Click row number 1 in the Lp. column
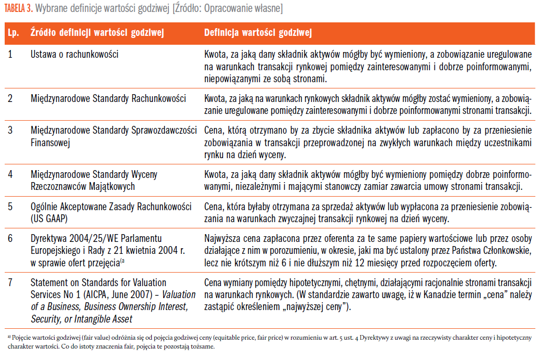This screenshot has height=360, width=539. pyautogui.click(x=10, y=54)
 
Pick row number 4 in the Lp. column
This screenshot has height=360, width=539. pyautogui.click(x=10, y=174)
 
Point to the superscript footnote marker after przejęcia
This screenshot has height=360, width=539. pyautogui.click(x=122, y=261)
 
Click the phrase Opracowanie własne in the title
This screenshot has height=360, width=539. pyautogui.click(x=245, y=9)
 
